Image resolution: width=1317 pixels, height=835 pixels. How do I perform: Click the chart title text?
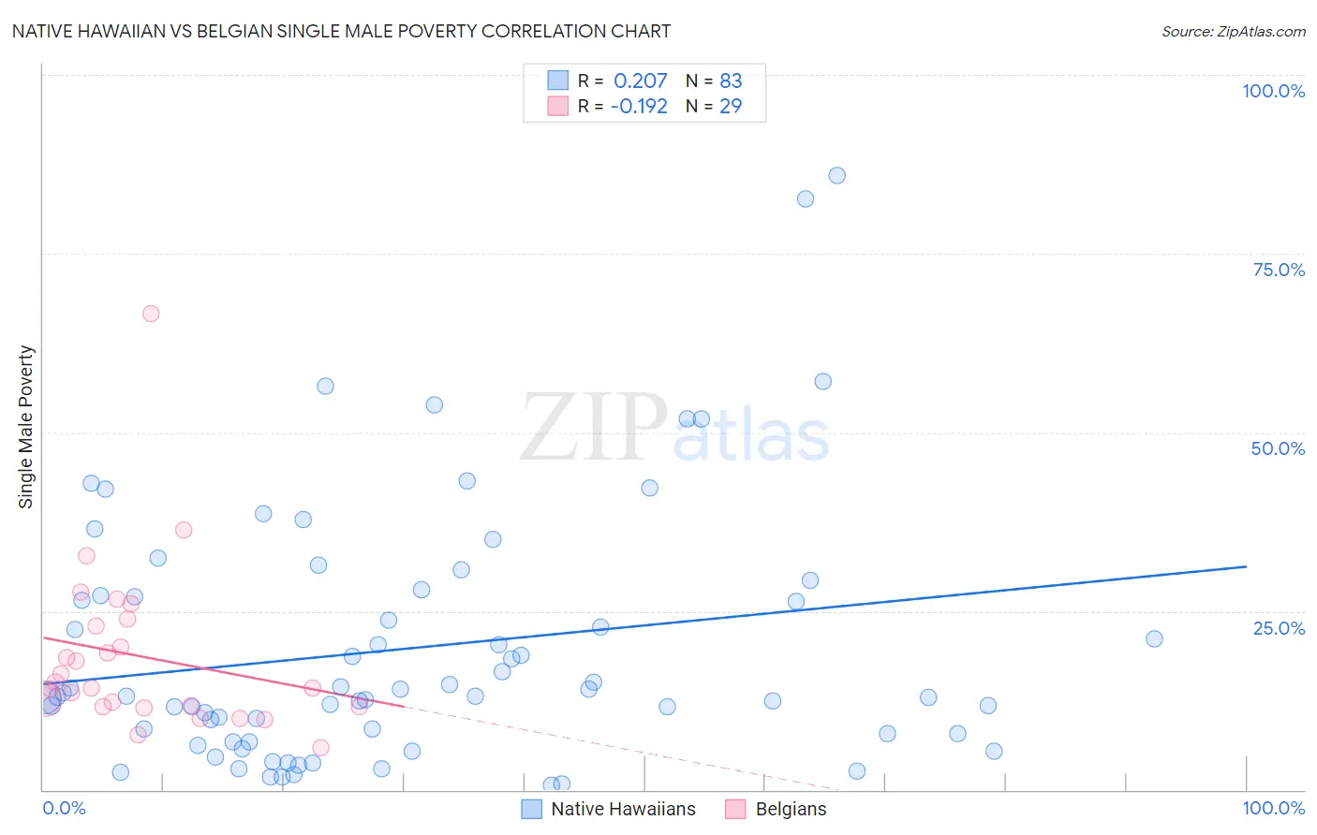coord(341,31)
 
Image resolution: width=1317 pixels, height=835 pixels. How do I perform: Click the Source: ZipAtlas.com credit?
coord(1233,31)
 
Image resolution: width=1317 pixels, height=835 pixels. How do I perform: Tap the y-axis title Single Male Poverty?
coord(26,427)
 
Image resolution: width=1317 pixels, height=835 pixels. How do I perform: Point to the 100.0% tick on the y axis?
coord(1273,91)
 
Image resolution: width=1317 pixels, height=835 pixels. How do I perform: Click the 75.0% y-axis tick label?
coord(1278,270)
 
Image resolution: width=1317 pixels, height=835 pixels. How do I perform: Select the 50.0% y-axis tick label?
coord(1278,448)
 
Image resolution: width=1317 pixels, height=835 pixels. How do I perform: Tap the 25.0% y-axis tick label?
coord(1278,628)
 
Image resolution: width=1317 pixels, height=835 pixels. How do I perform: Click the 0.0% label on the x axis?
coord(64,808)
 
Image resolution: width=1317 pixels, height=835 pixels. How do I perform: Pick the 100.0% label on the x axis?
coord(1273,808)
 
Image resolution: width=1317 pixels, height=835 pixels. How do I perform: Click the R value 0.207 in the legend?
coord(640,81)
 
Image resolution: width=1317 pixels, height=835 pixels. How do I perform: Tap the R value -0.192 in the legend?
coord(638,106)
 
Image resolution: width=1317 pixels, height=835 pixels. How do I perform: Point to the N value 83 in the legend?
coord(731,81)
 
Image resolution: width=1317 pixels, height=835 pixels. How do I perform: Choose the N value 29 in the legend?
coord(731,106)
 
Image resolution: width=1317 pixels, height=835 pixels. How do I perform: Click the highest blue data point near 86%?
coord(836,176)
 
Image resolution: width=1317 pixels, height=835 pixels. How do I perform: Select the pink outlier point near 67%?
coord(151,314)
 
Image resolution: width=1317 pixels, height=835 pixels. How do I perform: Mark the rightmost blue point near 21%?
coord(1154,638)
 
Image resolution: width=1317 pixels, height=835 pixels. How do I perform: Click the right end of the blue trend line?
coord(1246,566)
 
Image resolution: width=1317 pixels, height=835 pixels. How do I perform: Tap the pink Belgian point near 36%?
coord(184,530)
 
